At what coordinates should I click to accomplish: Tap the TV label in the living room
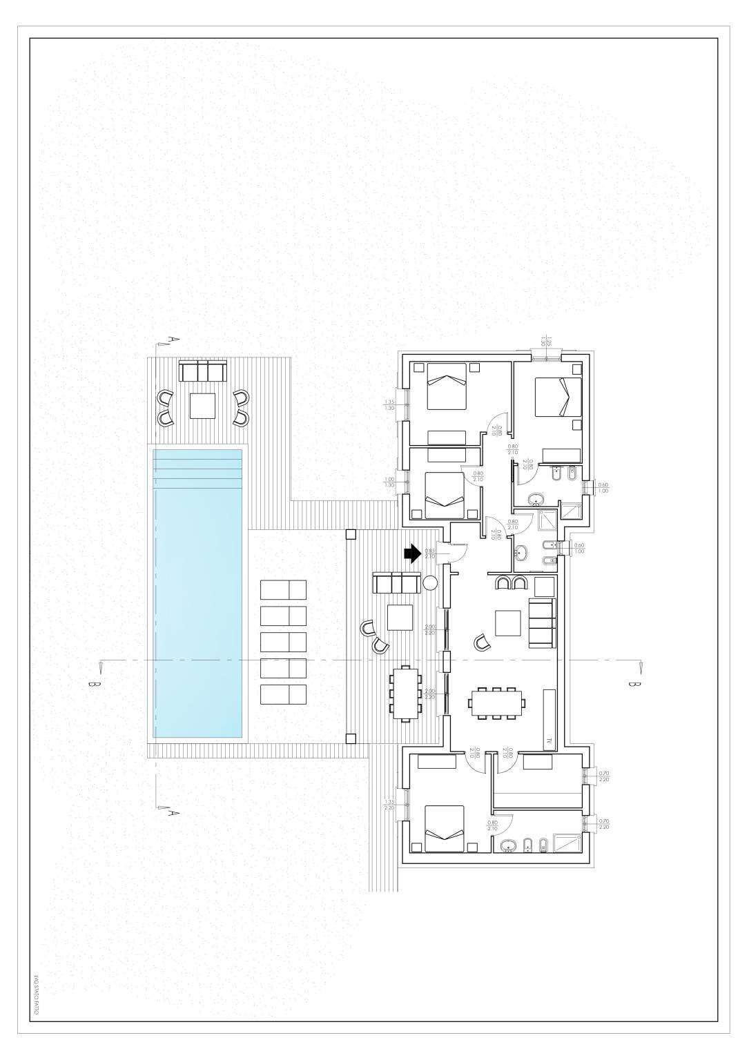click(549, 741)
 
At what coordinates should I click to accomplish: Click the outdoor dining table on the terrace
click(406, 693)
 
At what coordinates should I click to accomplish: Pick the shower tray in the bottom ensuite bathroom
click(569, 843)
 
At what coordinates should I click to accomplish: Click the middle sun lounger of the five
click(283, 641)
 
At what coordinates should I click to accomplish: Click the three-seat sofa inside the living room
click(542, 624)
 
